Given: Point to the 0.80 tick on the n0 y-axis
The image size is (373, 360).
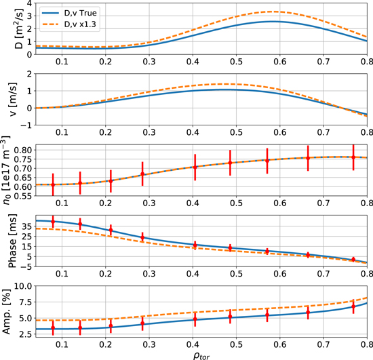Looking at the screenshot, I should point(20,149).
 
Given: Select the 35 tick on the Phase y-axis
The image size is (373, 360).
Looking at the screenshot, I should point(23,224).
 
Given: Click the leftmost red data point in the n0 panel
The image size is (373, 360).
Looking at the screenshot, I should point(53,184).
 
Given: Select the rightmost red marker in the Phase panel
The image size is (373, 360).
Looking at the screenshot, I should point(353,260).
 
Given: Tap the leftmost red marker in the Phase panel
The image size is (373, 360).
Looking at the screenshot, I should point(53,222).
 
